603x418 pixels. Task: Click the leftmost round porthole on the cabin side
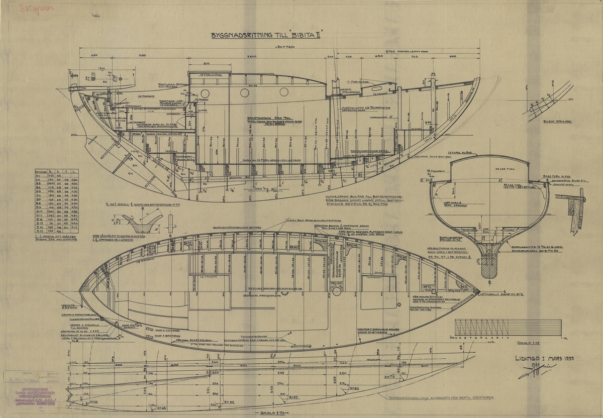tap(205, 93)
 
